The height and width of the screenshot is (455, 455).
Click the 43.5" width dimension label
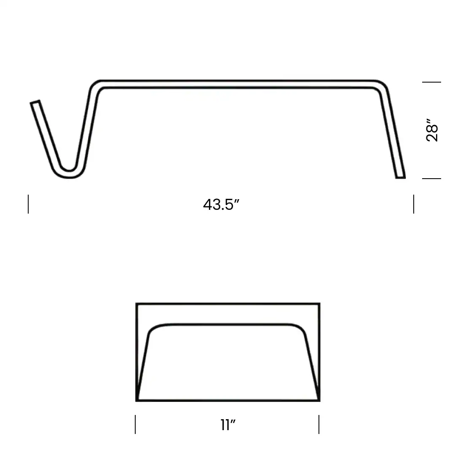point(221,205)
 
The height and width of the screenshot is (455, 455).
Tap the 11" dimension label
point(227,425)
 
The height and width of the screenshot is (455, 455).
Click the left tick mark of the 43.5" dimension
point(28,204)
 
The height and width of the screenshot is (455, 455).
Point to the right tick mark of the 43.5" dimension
point(414,204)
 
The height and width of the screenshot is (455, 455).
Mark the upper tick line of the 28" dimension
point(431,82)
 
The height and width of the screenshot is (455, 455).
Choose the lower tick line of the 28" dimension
point(431,179)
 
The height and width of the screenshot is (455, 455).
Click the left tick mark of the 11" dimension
point(135,424)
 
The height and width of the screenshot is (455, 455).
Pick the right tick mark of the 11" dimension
point(319,424)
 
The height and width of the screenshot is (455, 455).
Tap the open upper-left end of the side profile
point(35,102)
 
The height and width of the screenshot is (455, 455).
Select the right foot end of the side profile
point(400,177)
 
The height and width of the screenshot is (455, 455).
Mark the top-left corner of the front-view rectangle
point(137,304)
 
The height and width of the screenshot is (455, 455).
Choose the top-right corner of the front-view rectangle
point(319,304)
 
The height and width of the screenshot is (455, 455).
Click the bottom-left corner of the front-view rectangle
point(137,400)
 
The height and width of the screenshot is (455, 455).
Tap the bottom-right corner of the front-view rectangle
point(319,400)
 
